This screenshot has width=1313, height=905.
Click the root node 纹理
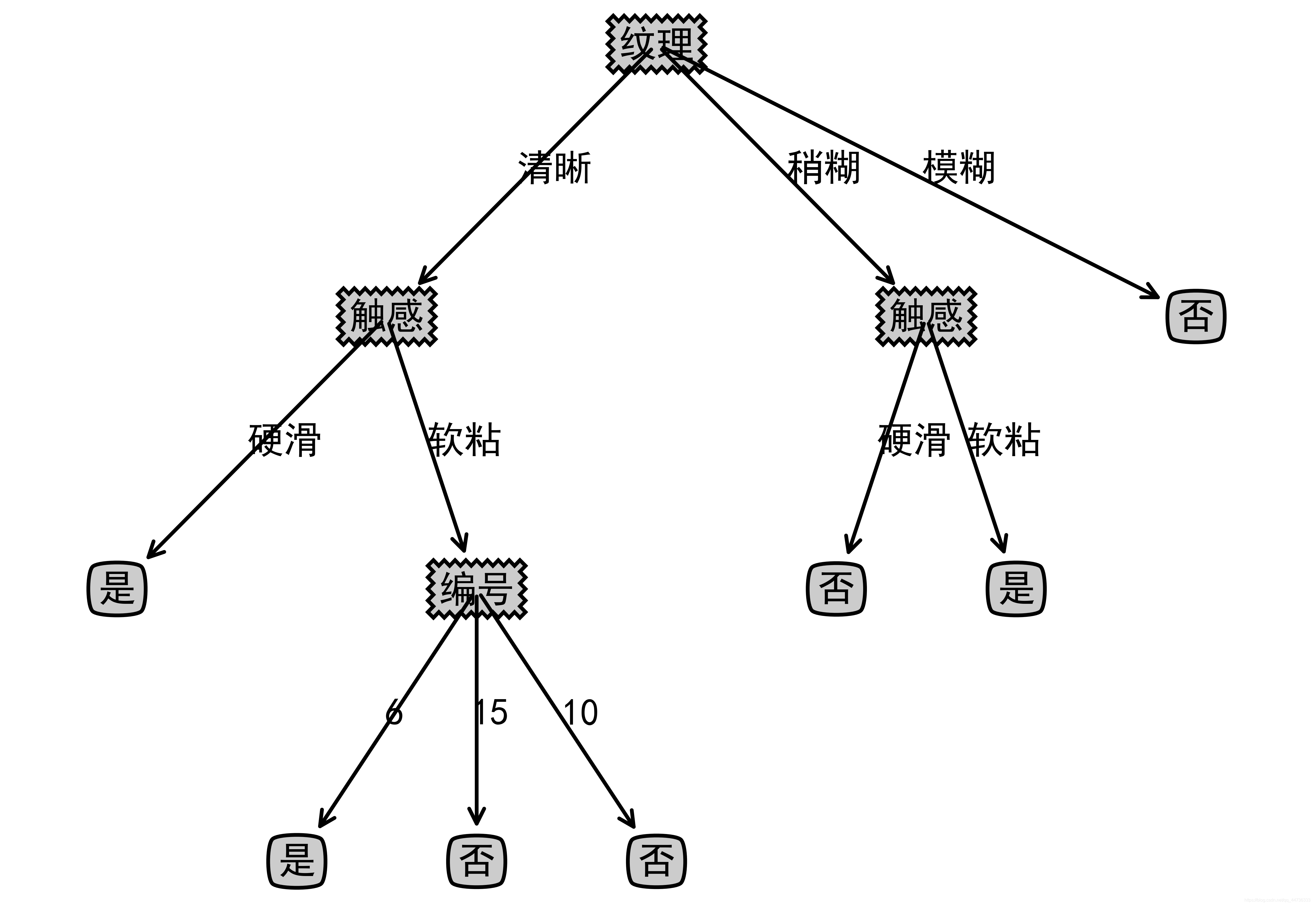656,44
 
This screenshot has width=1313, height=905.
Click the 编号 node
476,589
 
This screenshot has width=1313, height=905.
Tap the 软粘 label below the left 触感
465,439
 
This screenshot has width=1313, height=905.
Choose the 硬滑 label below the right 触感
914,439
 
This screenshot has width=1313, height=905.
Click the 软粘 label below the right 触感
1004,439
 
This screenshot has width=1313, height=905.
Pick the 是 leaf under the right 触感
1016,589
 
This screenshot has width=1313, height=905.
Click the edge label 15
491,713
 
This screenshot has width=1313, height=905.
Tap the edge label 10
581,713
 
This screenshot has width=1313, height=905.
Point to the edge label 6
393,713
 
